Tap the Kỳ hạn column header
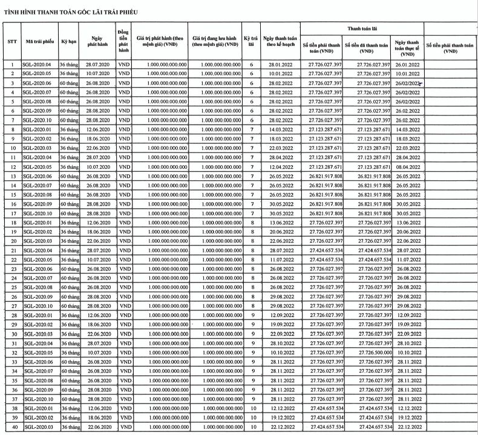point(67,41)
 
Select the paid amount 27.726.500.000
point(367,352)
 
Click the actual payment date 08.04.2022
point(407,166)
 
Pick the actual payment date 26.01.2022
point(407,64)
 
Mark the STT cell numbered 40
point(12,428)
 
